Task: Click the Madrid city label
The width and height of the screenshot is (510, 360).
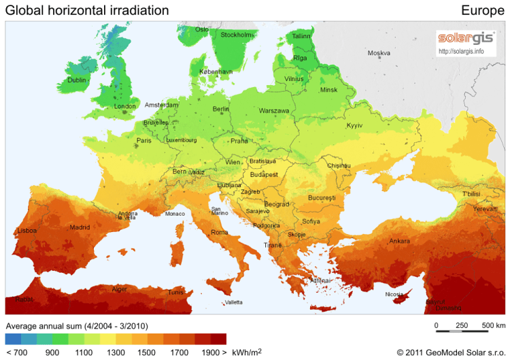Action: [80, 227]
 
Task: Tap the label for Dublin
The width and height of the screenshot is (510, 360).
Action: [78, 80]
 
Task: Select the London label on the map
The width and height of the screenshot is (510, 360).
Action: [125, 106]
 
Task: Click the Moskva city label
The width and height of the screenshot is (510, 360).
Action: [379, 53]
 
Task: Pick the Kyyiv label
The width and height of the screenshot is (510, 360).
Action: [355, 125]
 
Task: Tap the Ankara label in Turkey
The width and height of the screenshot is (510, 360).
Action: [399, 241]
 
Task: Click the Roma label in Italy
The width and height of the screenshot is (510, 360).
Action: [220, 232]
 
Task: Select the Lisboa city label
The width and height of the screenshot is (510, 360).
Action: [28, 231]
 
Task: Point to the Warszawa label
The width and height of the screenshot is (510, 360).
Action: [274, 110]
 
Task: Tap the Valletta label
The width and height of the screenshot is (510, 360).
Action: [233, 302]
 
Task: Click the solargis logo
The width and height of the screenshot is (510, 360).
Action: [466, 37]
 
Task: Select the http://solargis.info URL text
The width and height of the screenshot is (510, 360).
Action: [462, 50]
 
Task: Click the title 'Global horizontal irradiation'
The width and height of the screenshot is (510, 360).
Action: [87, 10]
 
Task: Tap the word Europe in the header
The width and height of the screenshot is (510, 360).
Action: [482, 10]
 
